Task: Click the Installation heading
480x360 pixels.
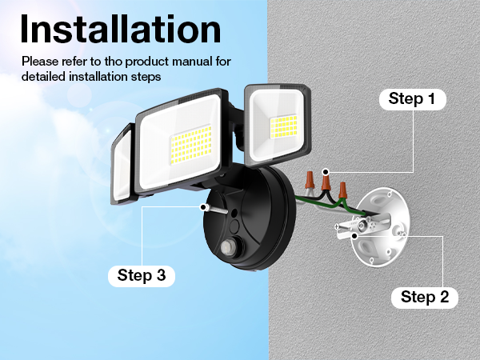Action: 120,30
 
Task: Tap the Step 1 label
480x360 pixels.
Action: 411,99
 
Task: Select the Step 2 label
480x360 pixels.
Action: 424,297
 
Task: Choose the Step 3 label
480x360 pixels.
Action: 141,275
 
